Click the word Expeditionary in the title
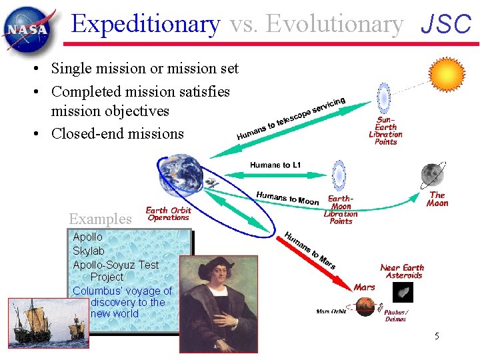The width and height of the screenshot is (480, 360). [145, 24]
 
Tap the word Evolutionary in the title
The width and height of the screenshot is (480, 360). [317, 24]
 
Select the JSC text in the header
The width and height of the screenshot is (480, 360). [446, 25]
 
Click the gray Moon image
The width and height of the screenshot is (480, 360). [432, 175]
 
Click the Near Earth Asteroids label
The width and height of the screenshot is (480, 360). [402, 271]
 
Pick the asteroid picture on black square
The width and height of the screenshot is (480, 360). [402, 293]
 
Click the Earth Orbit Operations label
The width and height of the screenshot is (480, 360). [168, 213]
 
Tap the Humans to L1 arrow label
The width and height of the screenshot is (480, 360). [275, 165]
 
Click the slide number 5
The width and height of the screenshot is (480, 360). [437, 336]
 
